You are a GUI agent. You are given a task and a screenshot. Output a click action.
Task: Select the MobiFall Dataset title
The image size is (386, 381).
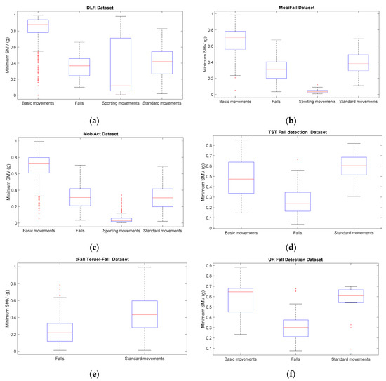pos(290,8)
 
